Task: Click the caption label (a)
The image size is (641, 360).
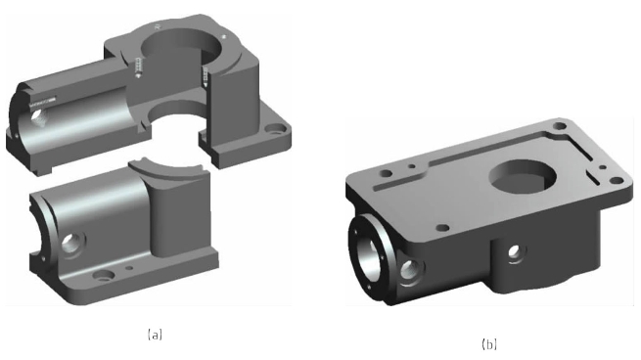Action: click(x=155, y=335)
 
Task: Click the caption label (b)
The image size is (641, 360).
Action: click(x=489, y=344)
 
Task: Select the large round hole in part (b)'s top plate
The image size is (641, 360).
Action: click(x=524, y=178)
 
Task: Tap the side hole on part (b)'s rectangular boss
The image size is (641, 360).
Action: click(x=514, y=250)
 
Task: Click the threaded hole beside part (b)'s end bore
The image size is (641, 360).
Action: click(x=410, y=270)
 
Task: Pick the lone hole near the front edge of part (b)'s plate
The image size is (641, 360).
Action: click(x=442, y=227)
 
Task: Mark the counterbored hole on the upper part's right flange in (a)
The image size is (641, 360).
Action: click(x=275, y=130)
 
